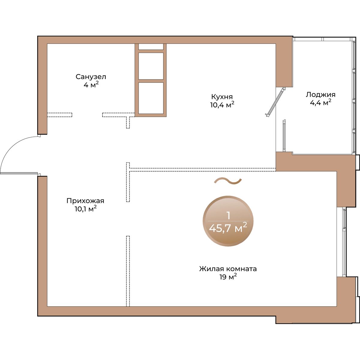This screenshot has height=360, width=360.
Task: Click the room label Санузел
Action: tap(91, 77)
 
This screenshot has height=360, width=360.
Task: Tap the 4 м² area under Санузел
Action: tap(91, 85)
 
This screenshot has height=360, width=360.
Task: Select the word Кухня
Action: tap(222, 97)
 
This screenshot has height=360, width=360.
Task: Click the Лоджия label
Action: tap(321, 95)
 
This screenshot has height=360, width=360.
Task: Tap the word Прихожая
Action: tap(85, 201)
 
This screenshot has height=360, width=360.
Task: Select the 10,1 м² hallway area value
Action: tap(86, 209)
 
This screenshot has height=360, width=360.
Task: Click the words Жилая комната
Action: tap(228, 269)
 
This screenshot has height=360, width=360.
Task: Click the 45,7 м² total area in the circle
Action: tap(228, 228)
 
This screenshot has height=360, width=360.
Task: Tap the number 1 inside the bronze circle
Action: tap(228, 216)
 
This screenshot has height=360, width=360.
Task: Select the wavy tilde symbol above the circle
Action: tap(228, 181)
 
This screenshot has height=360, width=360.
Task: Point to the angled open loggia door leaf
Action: tap(275, 102)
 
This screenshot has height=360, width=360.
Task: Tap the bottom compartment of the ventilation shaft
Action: tap(151, 98)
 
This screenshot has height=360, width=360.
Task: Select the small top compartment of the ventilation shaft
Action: tap(151, 46)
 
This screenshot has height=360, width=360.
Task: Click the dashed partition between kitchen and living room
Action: tap(203, 169)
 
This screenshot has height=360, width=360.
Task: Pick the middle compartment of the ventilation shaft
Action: tap(151, 66)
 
